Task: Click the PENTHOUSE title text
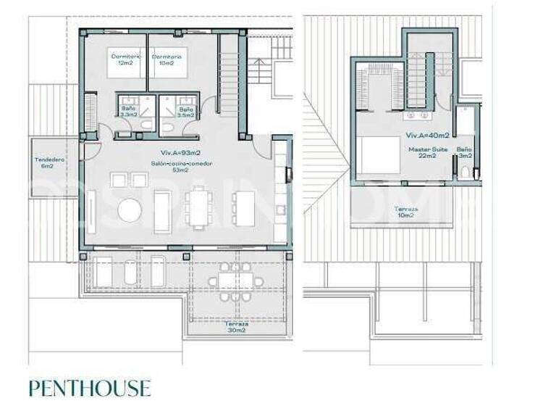[90, 387]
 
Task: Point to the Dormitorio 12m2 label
[126, 59]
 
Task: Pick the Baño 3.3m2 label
[128, 112]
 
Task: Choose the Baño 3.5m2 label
[187, 112]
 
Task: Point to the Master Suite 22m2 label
[428, 152]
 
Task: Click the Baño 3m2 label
[464, 152]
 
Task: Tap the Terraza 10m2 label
[405, 212]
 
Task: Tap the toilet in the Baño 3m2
[464, 171]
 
